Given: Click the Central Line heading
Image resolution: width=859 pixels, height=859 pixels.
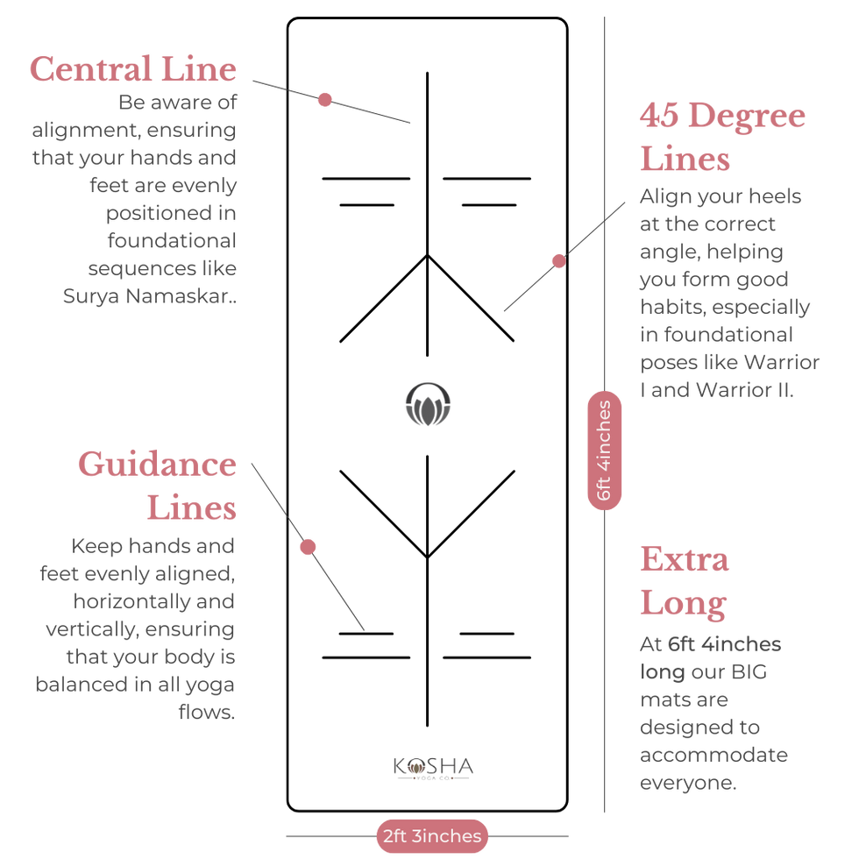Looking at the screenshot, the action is click(133, 69).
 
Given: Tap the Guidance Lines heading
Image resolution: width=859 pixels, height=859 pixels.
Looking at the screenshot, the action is click(157, 486).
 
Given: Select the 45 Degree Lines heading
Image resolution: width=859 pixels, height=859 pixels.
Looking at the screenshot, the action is click(722, 137).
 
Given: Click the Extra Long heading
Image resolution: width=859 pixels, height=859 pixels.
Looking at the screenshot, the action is click(685, 582).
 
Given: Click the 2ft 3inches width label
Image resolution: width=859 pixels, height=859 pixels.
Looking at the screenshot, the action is click(432, 836).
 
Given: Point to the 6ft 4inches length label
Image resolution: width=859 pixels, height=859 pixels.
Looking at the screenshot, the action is click(604, 451).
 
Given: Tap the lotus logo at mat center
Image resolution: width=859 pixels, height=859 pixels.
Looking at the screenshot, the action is click(428, 404).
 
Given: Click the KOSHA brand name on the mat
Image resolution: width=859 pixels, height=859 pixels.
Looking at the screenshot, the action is click(433, 766).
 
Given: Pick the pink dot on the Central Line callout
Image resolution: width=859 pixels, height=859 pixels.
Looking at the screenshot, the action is click(325, 100).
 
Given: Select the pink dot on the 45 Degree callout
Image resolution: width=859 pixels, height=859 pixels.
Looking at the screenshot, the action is click(559, 261).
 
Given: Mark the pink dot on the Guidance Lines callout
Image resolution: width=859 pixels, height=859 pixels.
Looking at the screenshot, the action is click(308, 547).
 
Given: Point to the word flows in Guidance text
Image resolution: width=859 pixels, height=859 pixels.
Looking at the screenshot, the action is click(205, 712).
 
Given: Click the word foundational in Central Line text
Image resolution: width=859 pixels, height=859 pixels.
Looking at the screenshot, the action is click(172, 240).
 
